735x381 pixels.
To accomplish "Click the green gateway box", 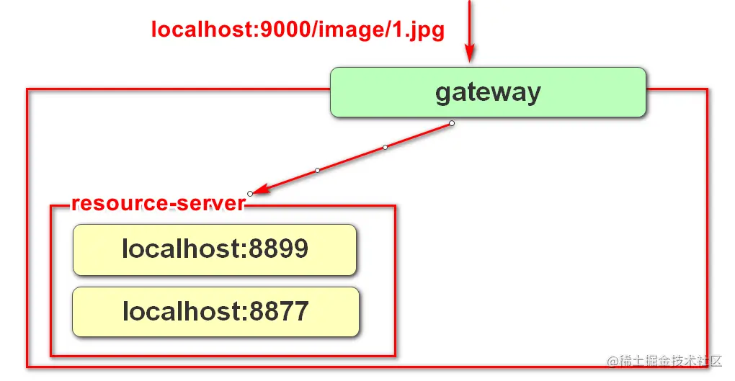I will pyautogui.click(x=488, y=92).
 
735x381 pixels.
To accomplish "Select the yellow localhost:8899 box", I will pyautogui.click(x=215, y=249).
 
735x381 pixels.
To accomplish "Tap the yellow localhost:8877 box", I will pyautogui.click(x=215, y=312).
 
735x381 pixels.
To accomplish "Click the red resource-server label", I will pyautogui.click(x=159, y=204).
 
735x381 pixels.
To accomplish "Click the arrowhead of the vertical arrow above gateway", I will pyautogui.click(x=469, y=54).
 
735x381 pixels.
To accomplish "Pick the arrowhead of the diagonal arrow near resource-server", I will pyautogui.click(x=262, y=189).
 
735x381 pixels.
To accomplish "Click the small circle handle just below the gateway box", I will pyautogui.click(x=452, y=123).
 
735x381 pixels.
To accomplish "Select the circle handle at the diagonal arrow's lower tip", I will pyautogui.click(x=250, y=193).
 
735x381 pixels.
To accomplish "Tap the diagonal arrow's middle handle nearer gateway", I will pyautogui.click(x=385, y=147).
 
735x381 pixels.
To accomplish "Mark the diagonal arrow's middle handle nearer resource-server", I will pyautogui.click(x=317, y=170).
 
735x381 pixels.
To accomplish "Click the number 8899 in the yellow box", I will pyautogui.click(x=279, y=249).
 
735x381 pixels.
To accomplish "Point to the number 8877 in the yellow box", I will pyautogui.click(x=280, y=312).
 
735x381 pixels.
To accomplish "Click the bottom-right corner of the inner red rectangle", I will pyautogui.click(x=395, y=355).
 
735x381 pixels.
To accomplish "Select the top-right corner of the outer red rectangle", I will pyautogui.click(x=707, y=90).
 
